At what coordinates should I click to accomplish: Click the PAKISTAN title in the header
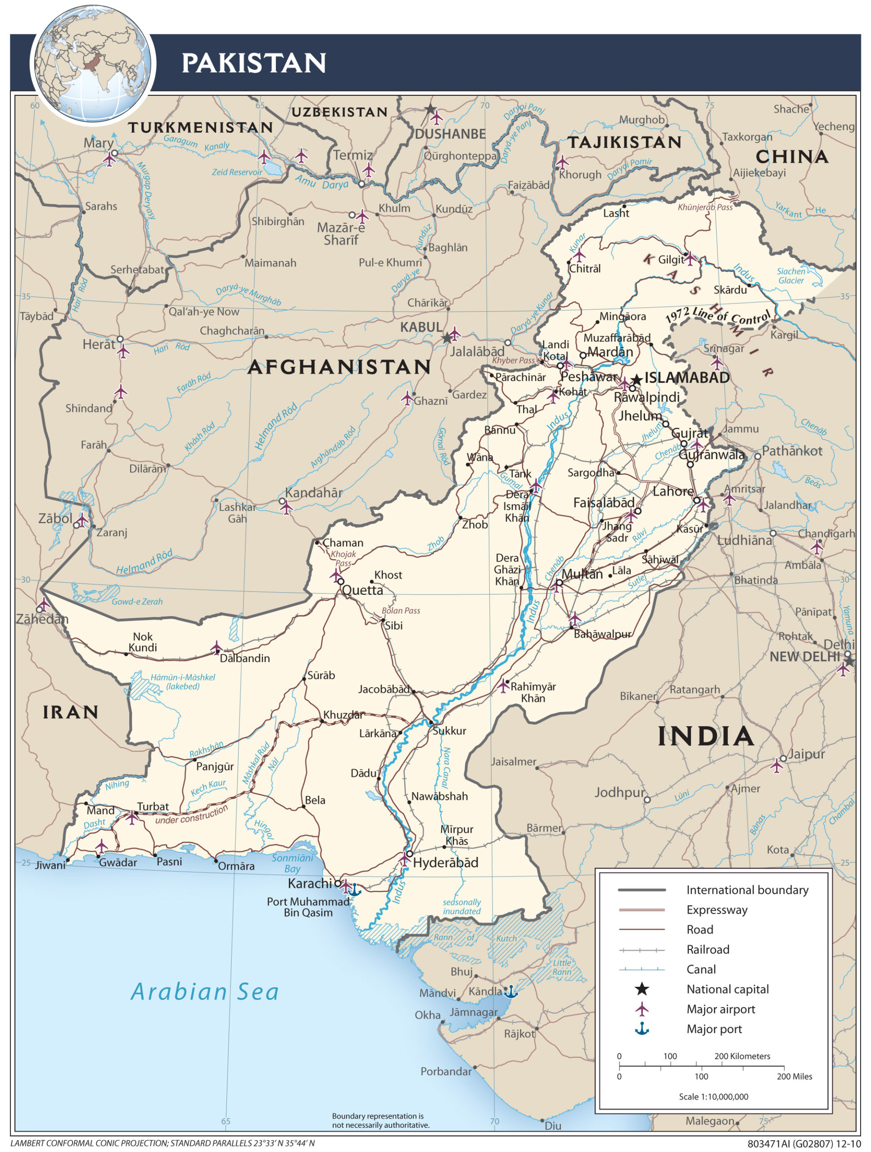click(x=254, y=63)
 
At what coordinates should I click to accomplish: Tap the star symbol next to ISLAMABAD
click(x=636, y=380)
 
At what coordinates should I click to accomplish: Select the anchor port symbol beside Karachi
click(x=354, y=890)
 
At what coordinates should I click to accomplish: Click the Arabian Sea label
click(x=205, y=992)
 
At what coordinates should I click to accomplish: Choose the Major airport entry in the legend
click(x=721, y=1009)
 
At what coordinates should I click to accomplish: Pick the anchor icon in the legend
click(x=642, y=1029)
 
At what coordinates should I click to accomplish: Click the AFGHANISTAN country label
click(x=339, y=367)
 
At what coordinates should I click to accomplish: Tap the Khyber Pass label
click(x=514, y=360)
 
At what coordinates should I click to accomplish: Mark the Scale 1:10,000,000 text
click(x=713, y=1096)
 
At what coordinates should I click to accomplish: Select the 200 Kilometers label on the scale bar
click(x=742, y=1056)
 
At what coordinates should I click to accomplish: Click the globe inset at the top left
click(x=93, y=63)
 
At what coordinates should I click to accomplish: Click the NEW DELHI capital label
click(x=804, y=657)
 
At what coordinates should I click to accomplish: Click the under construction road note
click(x=192, y=815)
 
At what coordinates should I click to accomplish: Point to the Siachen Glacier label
click(x=791, y=275)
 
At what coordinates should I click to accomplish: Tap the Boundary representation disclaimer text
click(x=380, y=1120)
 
